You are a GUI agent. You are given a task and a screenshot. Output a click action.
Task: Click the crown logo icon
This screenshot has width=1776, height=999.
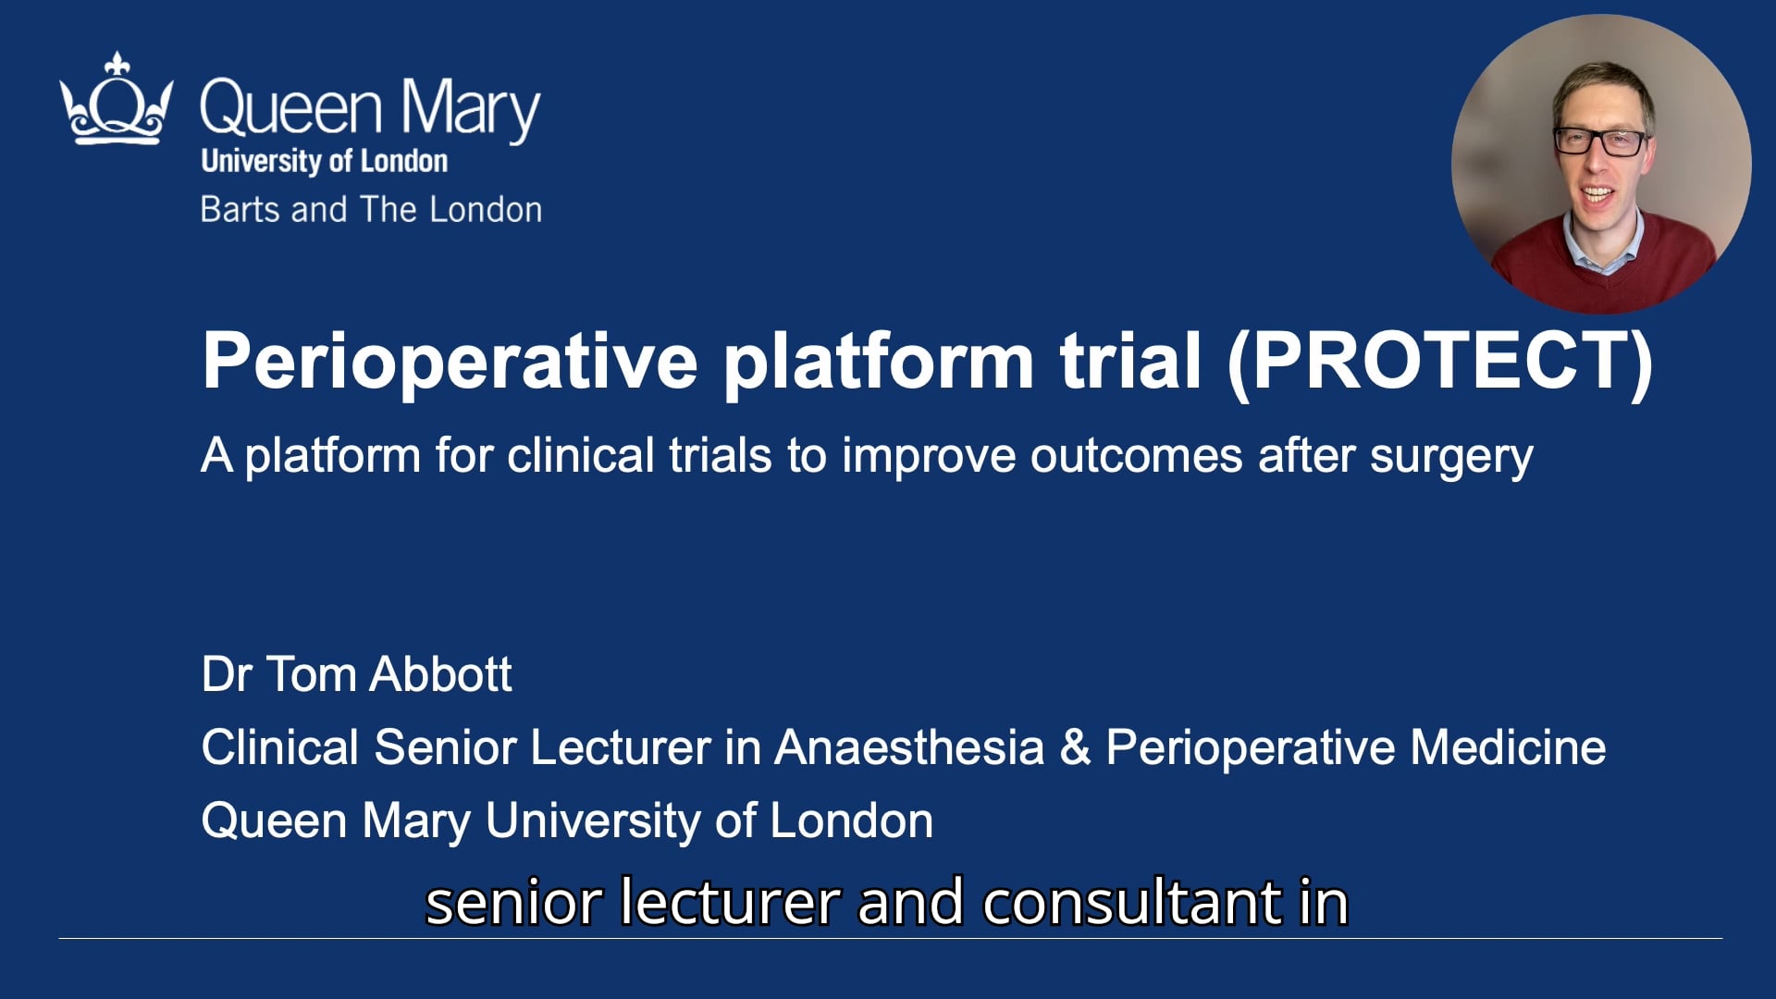116,100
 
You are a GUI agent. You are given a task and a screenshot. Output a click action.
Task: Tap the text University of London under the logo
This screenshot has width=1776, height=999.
324,161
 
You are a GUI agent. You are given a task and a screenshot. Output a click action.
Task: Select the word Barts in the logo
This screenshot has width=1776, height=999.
240,210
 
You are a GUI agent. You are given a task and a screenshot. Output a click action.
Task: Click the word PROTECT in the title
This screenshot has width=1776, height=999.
1439,361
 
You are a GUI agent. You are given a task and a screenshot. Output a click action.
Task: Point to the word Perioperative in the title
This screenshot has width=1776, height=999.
450,361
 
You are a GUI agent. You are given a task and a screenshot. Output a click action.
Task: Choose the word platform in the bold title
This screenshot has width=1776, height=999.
878,361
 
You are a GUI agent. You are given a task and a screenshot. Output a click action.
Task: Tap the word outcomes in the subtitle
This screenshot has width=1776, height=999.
1136,456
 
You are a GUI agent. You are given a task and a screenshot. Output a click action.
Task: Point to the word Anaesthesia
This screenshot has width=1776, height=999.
909,747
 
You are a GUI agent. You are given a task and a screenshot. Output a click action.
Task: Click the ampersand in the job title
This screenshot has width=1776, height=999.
1075,747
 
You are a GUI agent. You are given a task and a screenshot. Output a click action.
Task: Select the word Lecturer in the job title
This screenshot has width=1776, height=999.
620,747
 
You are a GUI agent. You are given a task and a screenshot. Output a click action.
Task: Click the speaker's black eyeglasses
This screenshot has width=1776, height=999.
1600,142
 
